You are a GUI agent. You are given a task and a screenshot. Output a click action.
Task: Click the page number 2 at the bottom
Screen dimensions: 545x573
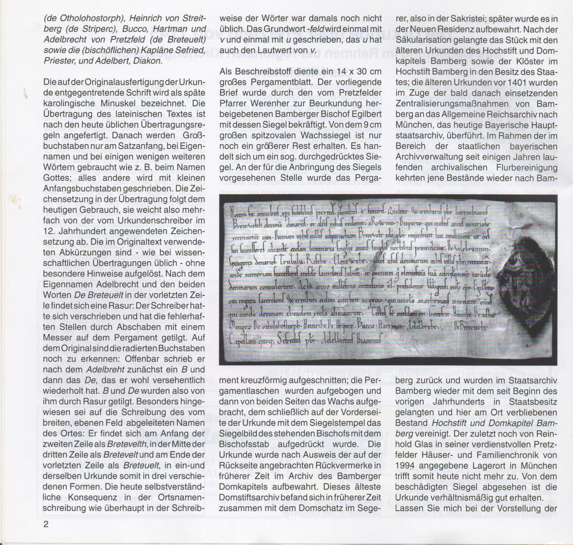click(46, 525)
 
